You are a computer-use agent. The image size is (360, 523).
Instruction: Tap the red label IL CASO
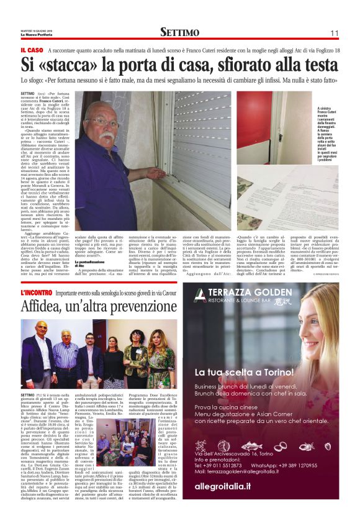pyautogui.click(x=32, y=50)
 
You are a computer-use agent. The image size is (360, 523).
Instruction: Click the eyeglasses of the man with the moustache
pyautogui.click(x=103, y=123)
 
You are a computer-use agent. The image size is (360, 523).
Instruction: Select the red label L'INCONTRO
pyautogui.click(x=40, y=292)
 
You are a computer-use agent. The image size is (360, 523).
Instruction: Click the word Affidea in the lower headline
pyautogui.click(x=47, y=306)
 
